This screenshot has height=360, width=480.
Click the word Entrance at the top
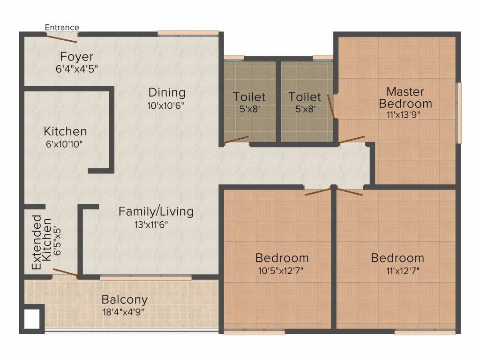pos(62,28)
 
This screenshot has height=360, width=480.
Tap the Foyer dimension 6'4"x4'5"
pos(76,68)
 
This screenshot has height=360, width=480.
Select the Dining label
pos(167,92)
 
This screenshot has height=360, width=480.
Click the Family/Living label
pos(156,211)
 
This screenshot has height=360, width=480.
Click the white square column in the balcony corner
pos(32,319)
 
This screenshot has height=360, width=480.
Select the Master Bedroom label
pos(405,97)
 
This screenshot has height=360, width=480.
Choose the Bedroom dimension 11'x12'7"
pos(397,270)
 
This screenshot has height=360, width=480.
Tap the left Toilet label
pos(249,97)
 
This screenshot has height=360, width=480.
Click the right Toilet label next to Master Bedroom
pos(305,97)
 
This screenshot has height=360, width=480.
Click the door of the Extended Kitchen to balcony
pos(65,273)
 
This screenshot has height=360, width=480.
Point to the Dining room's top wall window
pos(188,33)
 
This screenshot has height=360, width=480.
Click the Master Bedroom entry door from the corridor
pos(350,140)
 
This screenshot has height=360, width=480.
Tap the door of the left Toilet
pos(236,140)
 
